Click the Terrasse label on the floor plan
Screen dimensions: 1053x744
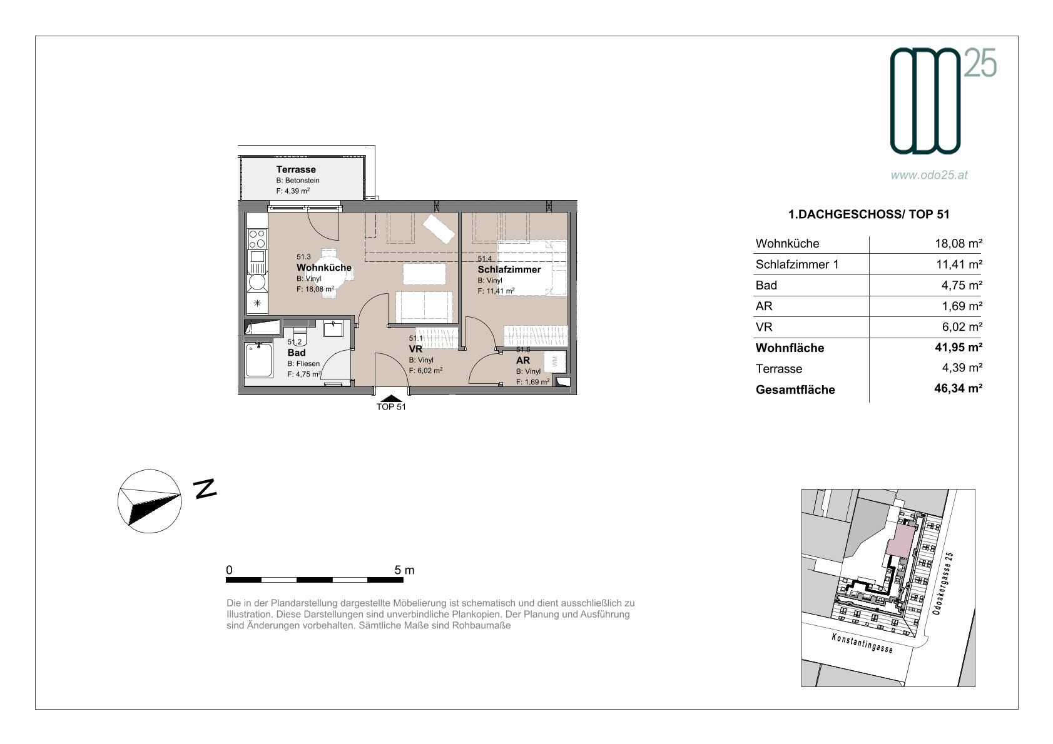point(296,169)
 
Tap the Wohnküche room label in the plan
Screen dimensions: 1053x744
point(324,267)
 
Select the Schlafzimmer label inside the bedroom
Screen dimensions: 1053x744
point(509,269)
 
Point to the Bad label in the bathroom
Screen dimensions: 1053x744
point(297,353)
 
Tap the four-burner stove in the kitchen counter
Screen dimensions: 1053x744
point(257,239)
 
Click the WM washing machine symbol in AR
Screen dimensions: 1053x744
point(555,361)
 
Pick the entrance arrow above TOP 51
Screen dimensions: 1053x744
point(391,399)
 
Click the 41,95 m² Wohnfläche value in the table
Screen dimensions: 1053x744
point(958,347)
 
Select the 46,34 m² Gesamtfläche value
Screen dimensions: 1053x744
point(958,388)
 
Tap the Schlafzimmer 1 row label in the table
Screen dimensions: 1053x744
point(797,264)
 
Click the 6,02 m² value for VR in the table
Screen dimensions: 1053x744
point(962,326)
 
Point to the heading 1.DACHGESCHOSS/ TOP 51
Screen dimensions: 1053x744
point(868,214)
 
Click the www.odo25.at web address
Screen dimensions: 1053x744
point(929,175)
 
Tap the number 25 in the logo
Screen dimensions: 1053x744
point(980,63)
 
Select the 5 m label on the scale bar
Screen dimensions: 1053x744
point(404,570)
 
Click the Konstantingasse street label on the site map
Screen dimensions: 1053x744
point(862,643)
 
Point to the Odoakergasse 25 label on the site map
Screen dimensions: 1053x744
point(943,583)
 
